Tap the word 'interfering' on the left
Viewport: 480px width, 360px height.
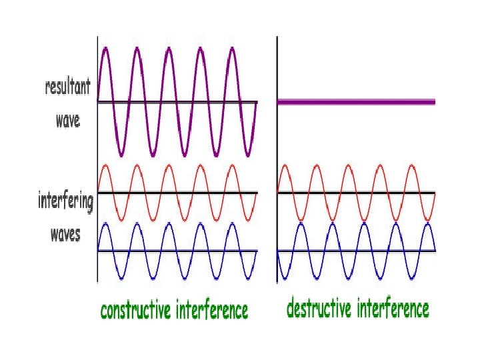[65, 201]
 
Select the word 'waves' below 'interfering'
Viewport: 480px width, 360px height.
[66, 234]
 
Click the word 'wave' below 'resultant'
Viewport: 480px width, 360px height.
[67, 120]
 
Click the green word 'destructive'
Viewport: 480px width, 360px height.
[319, 309]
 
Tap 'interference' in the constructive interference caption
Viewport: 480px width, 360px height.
[212, 311]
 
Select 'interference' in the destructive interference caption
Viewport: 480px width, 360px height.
[393, 309]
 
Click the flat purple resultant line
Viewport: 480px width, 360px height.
[356, 102]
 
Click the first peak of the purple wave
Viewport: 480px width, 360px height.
[105, 49]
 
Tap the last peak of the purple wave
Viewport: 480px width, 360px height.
[232, 49]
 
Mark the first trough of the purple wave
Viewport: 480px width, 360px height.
[121, 155]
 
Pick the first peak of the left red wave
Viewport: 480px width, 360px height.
[105, 165]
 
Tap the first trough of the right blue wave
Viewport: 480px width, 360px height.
[285, 278]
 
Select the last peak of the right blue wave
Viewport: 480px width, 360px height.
[429, 223]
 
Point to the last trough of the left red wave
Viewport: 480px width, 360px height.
[248, 220]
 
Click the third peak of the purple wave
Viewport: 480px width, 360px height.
[169, 49]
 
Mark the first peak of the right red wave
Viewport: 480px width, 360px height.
[285, 165]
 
